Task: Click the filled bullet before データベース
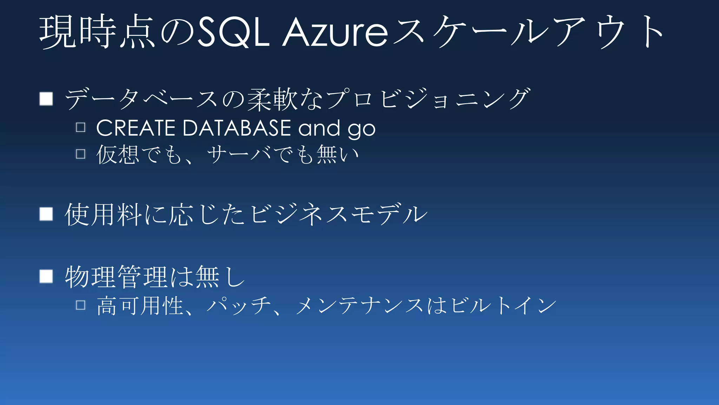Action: click(46, 99)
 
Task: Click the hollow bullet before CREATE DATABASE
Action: click(81, 127)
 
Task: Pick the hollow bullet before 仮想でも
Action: click(81, 154)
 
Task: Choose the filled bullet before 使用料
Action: click(46, 214)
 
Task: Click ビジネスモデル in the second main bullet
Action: click(339, 214)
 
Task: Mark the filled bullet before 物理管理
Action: click(46, 276)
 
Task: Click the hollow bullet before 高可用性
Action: click(81, 305)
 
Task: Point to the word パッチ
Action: click(239, 305)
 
